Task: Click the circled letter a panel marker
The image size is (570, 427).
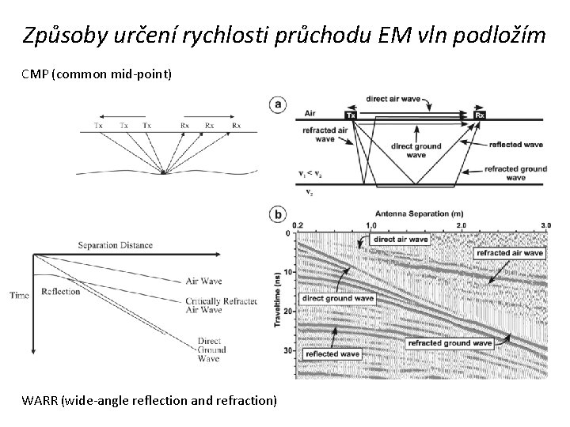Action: point(278,104)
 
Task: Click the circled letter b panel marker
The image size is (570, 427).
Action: point(278,214)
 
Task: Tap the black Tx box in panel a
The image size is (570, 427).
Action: point(351,115)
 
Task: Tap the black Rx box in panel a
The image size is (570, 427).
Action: point(480,115)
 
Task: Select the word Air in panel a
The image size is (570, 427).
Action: point(305,114)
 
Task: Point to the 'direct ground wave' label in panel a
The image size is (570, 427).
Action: point(416,150)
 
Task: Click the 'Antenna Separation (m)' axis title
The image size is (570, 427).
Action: point(419,213)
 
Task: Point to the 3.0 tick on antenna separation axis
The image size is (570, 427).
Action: point(545,225)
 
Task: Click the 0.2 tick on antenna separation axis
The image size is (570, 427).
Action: point(297,225)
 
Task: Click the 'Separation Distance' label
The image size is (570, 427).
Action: point(116,245)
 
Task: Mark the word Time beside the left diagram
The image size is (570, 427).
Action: point(19,296)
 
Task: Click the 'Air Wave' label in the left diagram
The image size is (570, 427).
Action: point(203,281)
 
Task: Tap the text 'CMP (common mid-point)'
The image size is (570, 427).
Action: point(97,74)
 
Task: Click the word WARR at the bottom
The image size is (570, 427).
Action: point(41,400)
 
